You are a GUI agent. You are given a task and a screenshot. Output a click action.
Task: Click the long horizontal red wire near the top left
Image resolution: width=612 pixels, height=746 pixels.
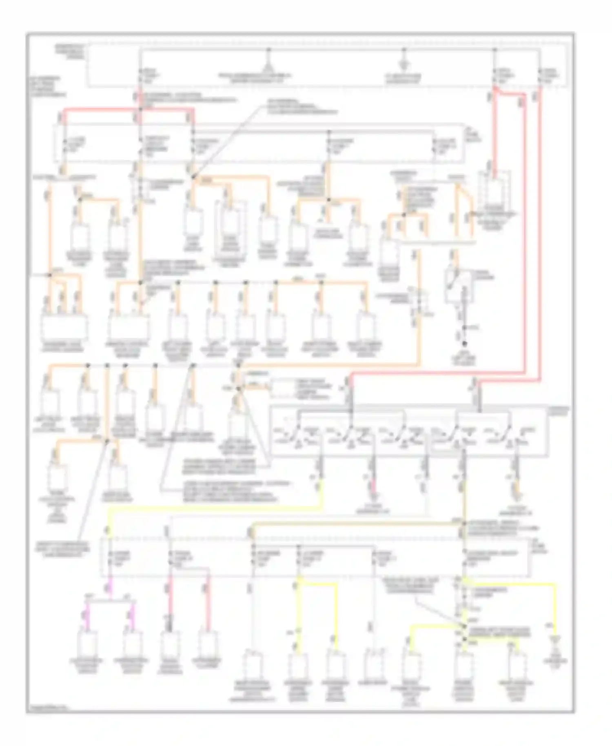pyautogui.click(x=126, y=109)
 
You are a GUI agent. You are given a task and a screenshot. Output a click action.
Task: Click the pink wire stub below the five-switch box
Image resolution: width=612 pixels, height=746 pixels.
pyautogui.click(x=373, y=486)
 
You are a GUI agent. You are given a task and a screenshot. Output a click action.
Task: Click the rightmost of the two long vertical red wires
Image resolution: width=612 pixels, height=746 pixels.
pyautogui.click(x=539, y=237)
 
